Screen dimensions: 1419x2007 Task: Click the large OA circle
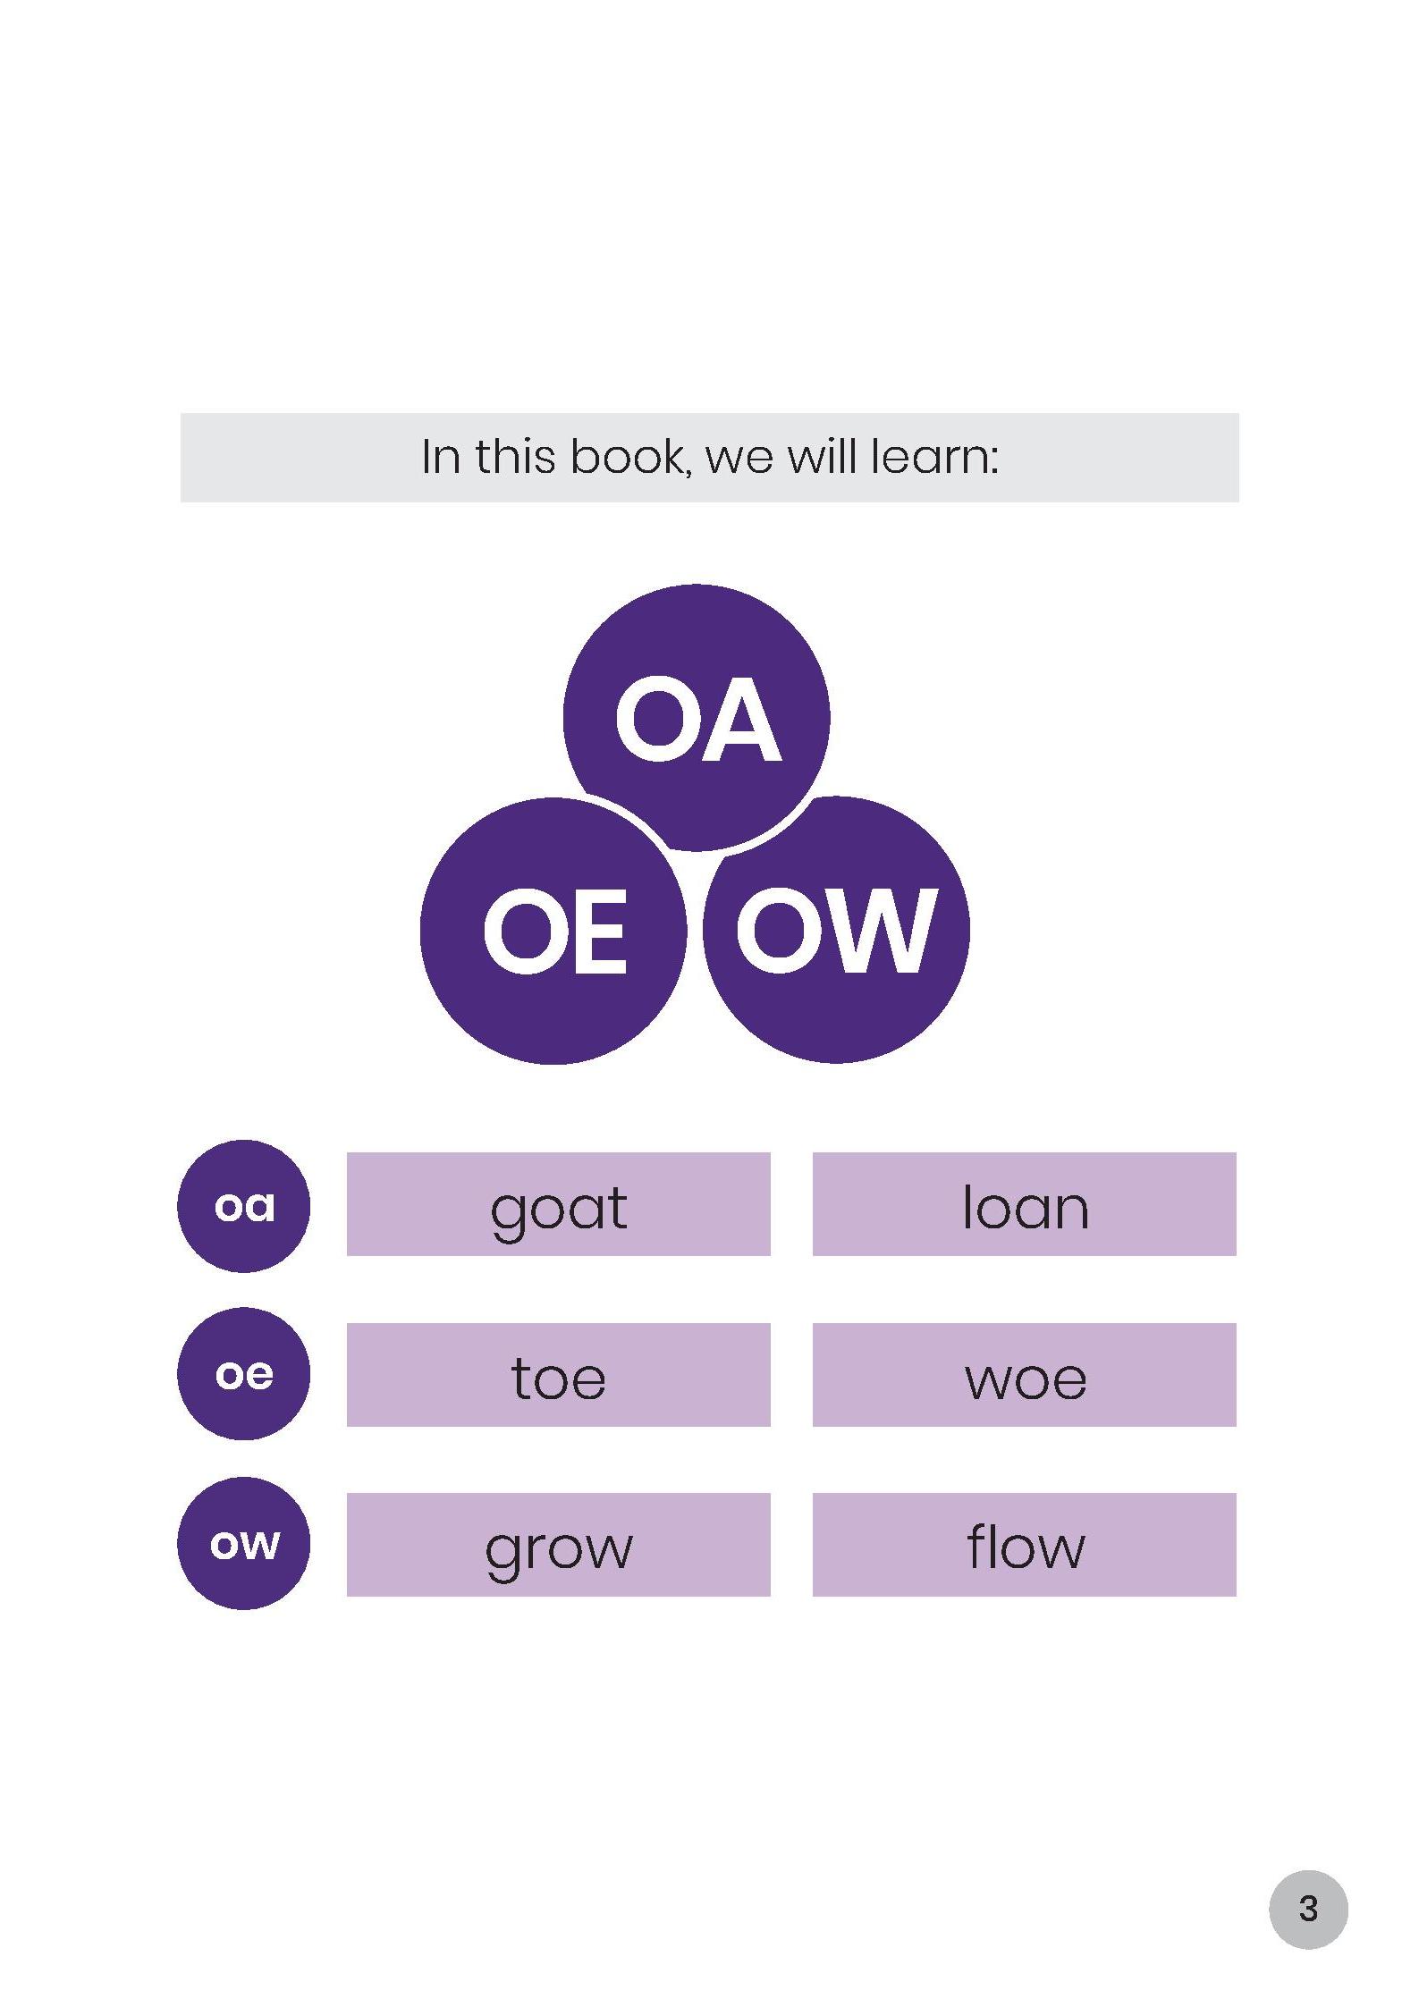tap(697, 717)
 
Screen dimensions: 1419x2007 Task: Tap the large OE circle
tap(553, 931)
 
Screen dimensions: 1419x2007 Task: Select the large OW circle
tap(837, 930)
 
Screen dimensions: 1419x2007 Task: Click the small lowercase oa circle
tap(244, 1206)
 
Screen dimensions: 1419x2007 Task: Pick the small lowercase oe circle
tap(244, 1374)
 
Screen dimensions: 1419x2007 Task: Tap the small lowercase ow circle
tap(244, 1544)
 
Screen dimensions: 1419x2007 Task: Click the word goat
tap(559, 1211)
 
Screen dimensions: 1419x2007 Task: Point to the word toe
tap(558, 1378)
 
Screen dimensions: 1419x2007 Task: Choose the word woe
tap(1026, 1381)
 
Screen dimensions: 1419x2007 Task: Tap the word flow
tap(1026, 1546)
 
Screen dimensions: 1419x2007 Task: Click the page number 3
tap(1308, 1909)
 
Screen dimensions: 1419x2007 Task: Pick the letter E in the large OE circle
tap(597, 932)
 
